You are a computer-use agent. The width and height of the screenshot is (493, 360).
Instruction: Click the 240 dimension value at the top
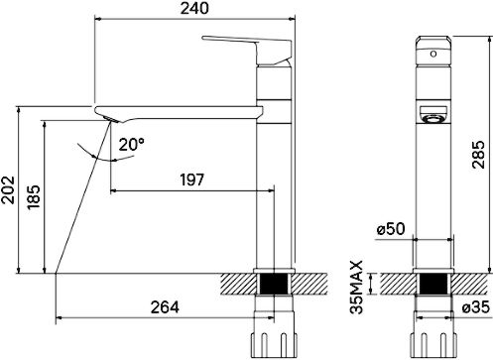[x=194, y=8]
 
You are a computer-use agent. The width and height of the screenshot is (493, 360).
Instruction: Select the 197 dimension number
[x=192, y=180]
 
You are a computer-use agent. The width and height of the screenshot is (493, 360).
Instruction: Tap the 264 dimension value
[x=165, y=307]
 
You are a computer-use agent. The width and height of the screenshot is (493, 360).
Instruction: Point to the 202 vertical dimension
[x=8, y=189]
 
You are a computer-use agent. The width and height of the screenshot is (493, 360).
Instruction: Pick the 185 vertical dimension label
[x=34, y=197]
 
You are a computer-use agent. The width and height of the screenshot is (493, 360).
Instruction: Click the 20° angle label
[x=132, y=144]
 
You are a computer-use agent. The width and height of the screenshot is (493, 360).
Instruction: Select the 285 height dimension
[x=478, y=155]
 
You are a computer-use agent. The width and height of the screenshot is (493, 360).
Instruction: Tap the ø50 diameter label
[x=391, y=229]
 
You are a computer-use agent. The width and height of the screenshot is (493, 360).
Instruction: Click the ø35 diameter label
[x=476, y=307]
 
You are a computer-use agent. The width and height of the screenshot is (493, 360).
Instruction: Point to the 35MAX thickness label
[x=357, y=287]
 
